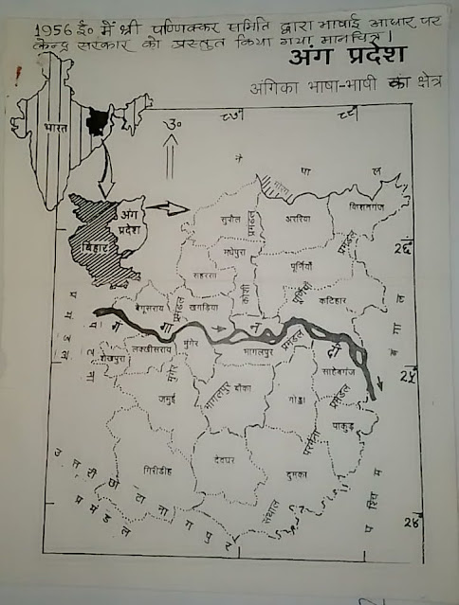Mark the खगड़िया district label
[x=206, y=310]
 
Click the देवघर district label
[x=224, y=458]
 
